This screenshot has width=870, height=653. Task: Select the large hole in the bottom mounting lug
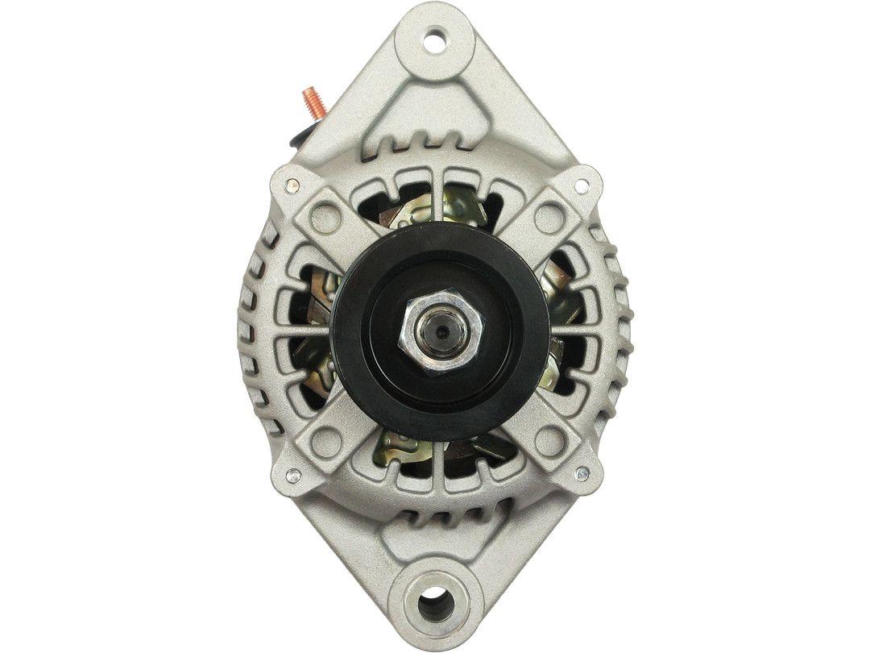[x=435, y=601]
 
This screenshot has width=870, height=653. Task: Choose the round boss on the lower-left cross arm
[x=325, y=439]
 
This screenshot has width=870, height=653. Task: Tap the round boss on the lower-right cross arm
[x=549, y=439]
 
